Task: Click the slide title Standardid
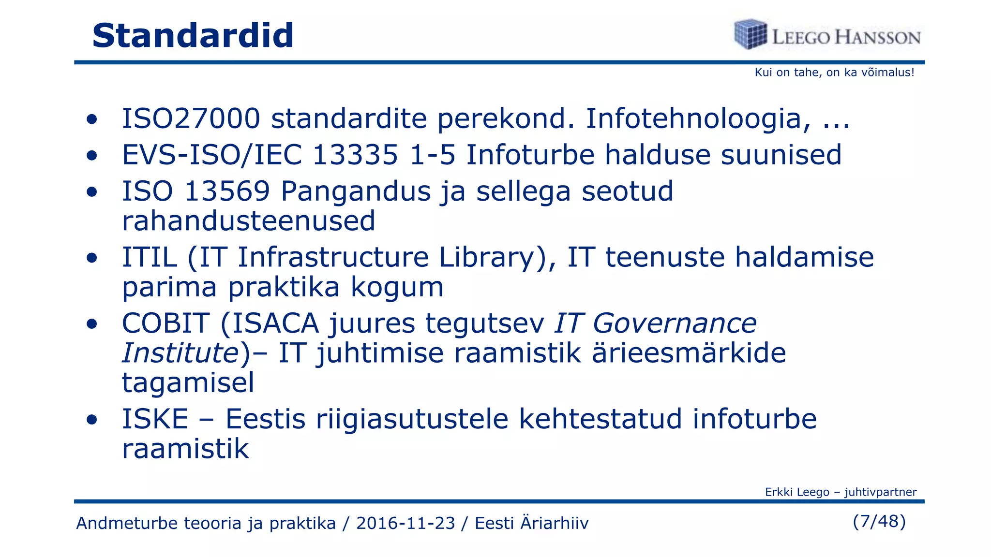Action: click(x=193, y=36)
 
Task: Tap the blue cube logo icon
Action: click(x=750, y=34)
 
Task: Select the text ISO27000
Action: click(x=191, y=119)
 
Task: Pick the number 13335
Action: click(x=355, y=155)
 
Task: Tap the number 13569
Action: click(x=227, y=191)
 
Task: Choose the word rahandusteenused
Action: click(x=249, y=221)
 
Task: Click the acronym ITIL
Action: click(x=149, y=257)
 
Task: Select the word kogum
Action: click(x=397, y=287)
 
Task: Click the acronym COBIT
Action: click(x=165, y=323)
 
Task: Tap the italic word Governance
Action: click(x=674, y=323)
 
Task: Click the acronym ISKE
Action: click(x=155, y=419)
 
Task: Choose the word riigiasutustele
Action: click(x=412, y=419)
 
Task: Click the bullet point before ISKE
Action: click(x=92, y=420)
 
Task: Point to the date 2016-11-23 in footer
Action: click(x=405, y=523)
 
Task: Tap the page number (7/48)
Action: click(x=879, y=521)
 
